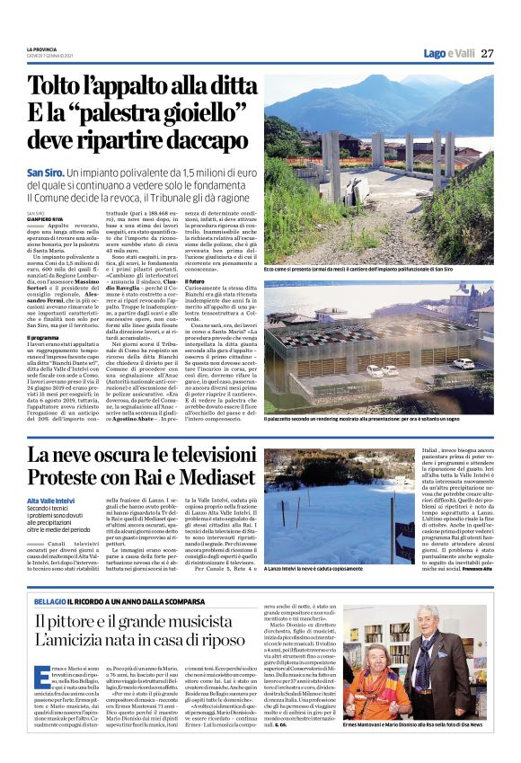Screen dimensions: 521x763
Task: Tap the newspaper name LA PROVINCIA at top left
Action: point(42,49)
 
